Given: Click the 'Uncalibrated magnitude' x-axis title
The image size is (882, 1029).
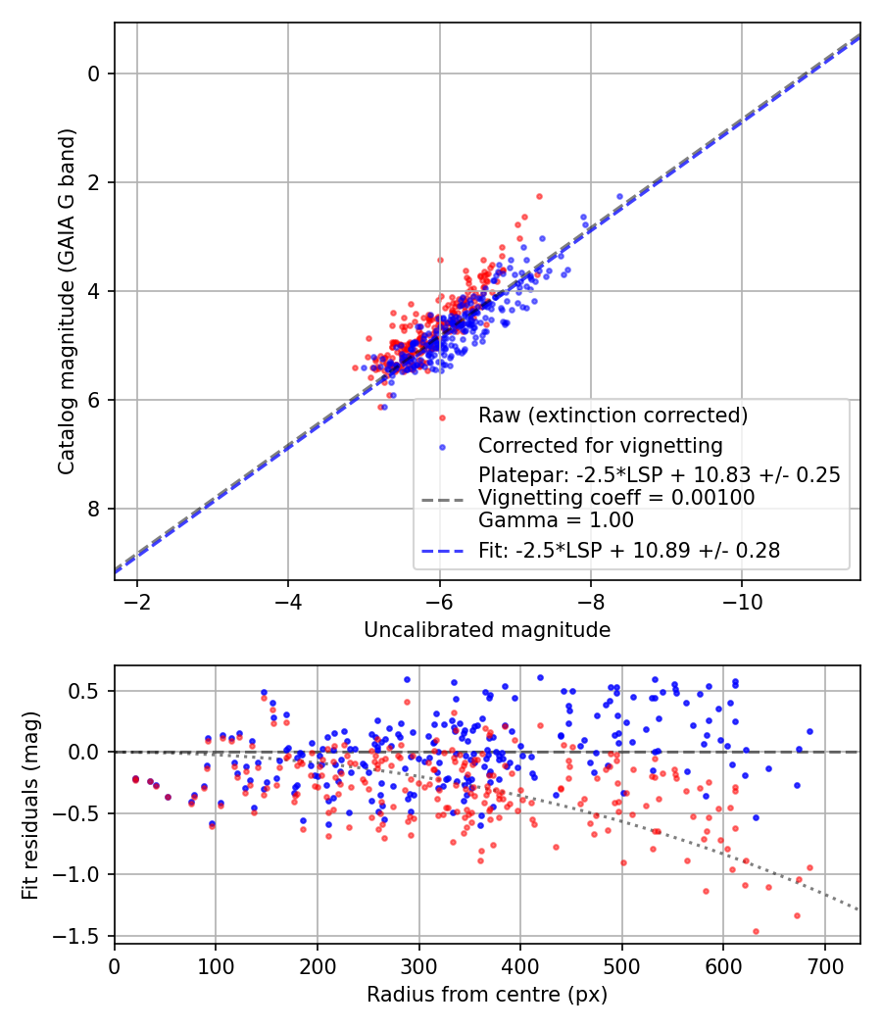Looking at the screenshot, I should click(x=487, y=630).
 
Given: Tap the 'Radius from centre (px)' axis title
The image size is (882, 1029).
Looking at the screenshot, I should click(x=487, y=995).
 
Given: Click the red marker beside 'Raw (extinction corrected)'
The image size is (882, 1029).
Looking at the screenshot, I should click(x=441, y=416).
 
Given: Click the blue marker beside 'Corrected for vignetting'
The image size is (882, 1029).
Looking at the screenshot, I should click(x=441, y=447).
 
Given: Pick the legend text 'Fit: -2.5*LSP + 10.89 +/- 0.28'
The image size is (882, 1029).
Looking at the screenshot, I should click(x=629, y=551).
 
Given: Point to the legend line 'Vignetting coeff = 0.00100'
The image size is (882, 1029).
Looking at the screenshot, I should click(x=616, y=498).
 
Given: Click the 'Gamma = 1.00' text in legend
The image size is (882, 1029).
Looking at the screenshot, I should click(x=556, y=520).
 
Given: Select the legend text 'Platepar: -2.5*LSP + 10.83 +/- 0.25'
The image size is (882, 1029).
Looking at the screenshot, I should click(x=659, y=475).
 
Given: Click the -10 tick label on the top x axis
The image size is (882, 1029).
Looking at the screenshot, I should click(x=741, y=600).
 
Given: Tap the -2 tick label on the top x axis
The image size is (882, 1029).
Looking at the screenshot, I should click(x=137, y=600).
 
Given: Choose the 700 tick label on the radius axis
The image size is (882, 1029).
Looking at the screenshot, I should click(x=824, y=965).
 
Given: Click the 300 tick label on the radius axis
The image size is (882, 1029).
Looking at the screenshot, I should click(x=418, y=965).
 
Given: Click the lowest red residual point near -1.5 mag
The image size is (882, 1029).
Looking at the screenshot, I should click(x=756, y=931).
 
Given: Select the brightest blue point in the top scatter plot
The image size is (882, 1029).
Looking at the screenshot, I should click(x=619, y=196).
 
